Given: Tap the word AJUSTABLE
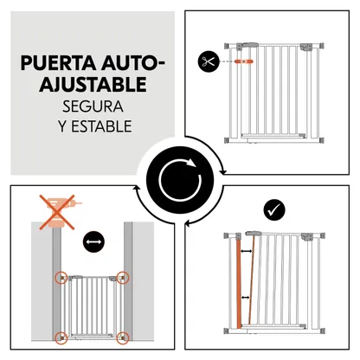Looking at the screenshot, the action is (x=93, y=84).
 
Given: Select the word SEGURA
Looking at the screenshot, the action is (x=93, y=106).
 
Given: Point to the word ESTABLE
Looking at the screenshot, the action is (x=101, y=126).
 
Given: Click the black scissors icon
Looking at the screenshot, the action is (x=209, y=61).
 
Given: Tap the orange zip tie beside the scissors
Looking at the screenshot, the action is (x=244, y=61).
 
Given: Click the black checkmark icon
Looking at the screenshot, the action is (x=274, y=210).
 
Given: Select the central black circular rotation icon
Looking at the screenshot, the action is (x=180, y=180).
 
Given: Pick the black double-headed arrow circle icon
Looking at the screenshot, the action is (x=93, y=241).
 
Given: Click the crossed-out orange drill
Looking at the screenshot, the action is (x=59, y=212).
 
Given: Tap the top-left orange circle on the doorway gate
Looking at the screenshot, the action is (x=61, y=278).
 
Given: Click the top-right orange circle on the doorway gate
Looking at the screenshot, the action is (x=123, y=278).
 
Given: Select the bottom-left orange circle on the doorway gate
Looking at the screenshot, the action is (x=61, y=337).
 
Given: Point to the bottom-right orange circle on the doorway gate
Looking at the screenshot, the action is (x=123, y=337).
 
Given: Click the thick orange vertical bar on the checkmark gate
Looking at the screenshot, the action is (x=239, y=284).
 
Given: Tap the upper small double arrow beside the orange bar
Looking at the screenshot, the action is (x=246, y=251).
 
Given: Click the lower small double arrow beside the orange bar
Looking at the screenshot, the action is (x=246, y=297).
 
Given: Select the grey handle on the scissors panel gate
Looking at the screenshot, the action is (x=250, y=45).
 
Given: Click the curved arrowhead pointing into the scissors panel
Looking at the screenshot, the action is (x=222, y=172).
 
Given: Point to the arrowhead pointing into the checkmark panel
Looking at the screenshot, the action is (x=188, y=223).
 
